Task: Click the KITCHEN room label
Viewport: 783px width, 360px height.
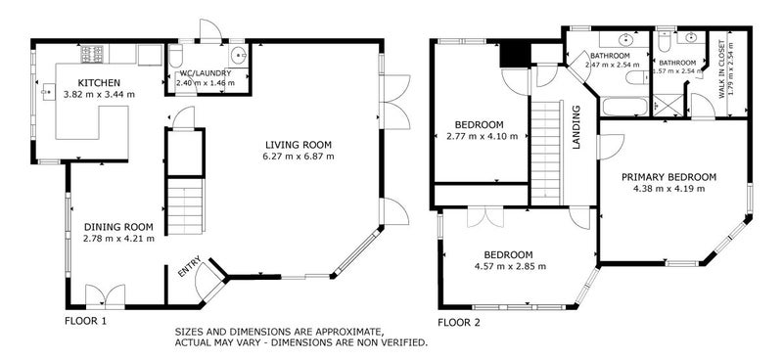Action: pyautogui.click(x=99, y=83)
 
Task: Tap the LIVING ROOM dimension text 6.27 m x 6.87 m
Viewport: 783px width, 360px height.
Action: pyautogui.click(x=299, y=157)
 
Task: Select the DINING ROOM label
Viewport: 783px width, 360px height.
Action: pyautogui.click(x=118, y=227)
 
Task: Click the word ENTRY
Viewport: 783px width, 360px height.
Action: pyautogui.click(x=190, y=266)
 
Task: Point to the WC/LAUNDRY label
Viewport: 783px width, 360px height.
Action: pyautogui.click(x=206, y=73)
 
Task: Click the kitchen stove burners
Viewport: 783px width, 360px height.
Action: pyautogui.click(x=92, y=54)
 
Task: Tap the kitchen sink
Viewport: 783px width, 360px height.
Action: pyautogui.click(x=48, y=92)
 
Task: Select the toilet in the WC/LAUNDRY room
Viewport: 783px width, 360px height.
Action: pyautogui.click(x=176, y=56)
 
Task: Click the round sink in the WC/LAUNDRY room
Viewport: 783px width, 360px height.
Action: pyautogui.click(x=239, y=54)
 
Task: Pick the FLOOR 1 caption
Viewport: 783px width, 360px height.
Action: pyautogui.click(x=85, y=321)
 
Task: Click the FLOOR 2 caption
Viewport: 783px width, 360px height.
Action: pyautogui.click(x=458, y=323)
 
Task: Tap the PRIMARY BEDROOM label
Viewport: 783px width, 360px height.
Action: pyautogui.click(x=668, y=177)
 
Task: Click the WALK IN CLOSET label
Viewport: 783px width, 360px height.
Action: pyautogui.click(x=721, y=75)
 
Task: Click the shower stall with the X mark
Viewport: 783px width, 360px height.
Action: pyautogui.click(x=668, y=106)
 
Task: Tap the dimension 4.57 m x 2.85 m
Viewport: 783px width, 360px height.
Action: pyautogui.click(x=511, y=266)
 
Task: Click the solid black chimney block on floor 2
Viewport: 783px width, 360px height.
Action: pyautogui.click(x=515, y=55)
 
